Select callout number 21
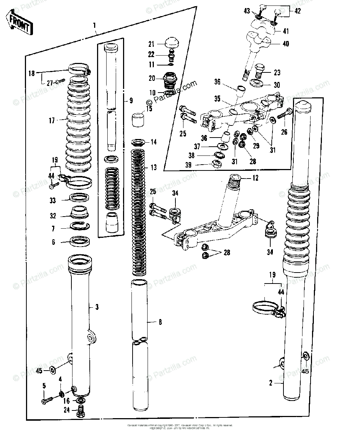152,44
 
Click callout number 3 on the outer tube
97,307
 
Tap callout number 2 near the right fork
271,383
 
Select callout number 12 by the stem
255,178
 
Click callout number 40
286,44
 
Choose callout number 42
297,11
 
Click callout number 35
218,99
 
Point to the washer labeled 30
257,83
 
